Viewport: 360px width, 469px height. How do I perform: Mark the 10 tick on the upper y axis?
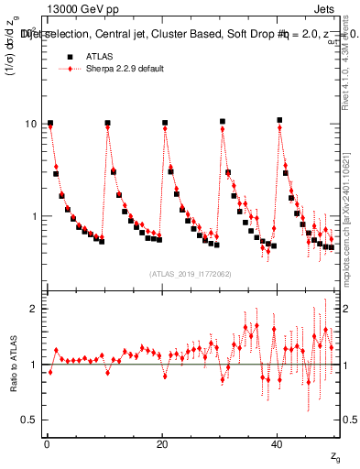pos(32,123)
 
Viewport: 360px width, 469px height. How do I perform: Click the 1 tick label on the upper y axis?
pos(35,216)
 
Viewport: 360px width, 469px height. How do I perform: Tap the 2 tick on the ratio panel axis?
pos(35,309)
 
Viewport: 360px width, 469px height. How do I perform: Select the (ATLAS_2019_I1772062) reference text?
pos(190,274)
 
